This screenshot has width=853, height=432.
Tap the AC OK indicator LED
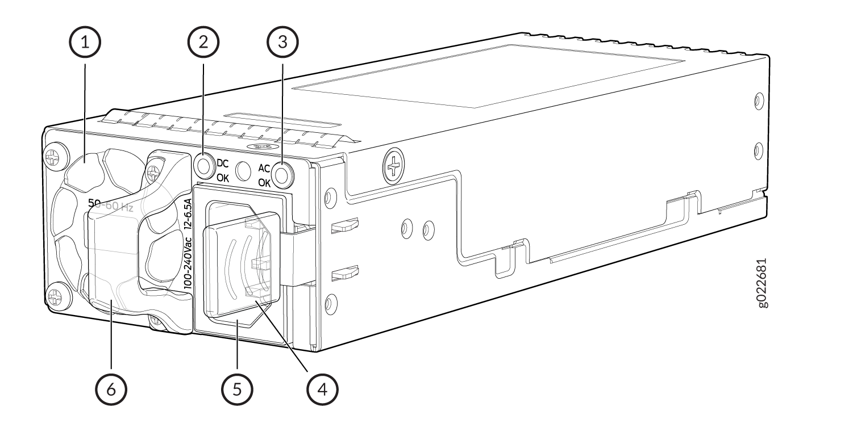click(x=282, y=174)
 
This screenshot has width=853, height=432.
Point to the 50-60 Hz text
click(x=110, y=205)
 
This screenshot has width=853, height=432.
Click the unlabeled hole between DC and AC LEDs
click(x=244, y=170)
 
